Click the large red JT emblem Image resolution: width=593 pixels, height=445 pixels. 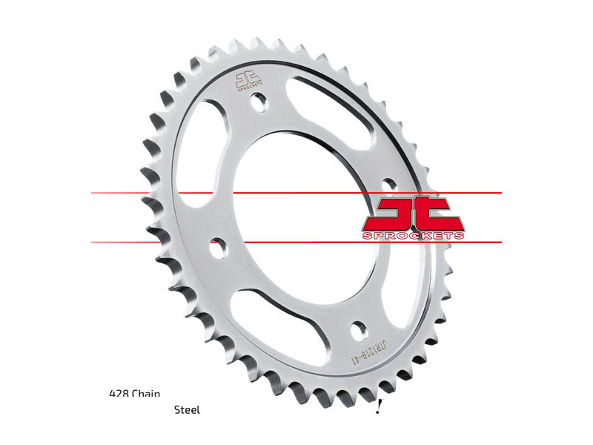[412, 213]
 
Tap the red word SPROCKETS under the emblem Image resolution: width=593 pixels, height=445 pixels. [414, 236]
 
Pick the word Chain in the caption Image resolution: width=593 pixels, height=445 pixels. [146, 394]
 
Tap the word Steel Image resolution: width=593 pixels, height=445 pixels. [187, 409]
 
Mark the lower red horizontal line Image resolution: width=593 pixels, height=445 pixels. [296, 242]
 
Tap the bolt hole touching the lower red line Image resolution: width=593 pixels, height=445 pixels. [216, 247]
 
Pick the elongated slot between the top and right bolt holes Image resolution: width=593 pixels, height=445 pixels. [341, 119]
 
